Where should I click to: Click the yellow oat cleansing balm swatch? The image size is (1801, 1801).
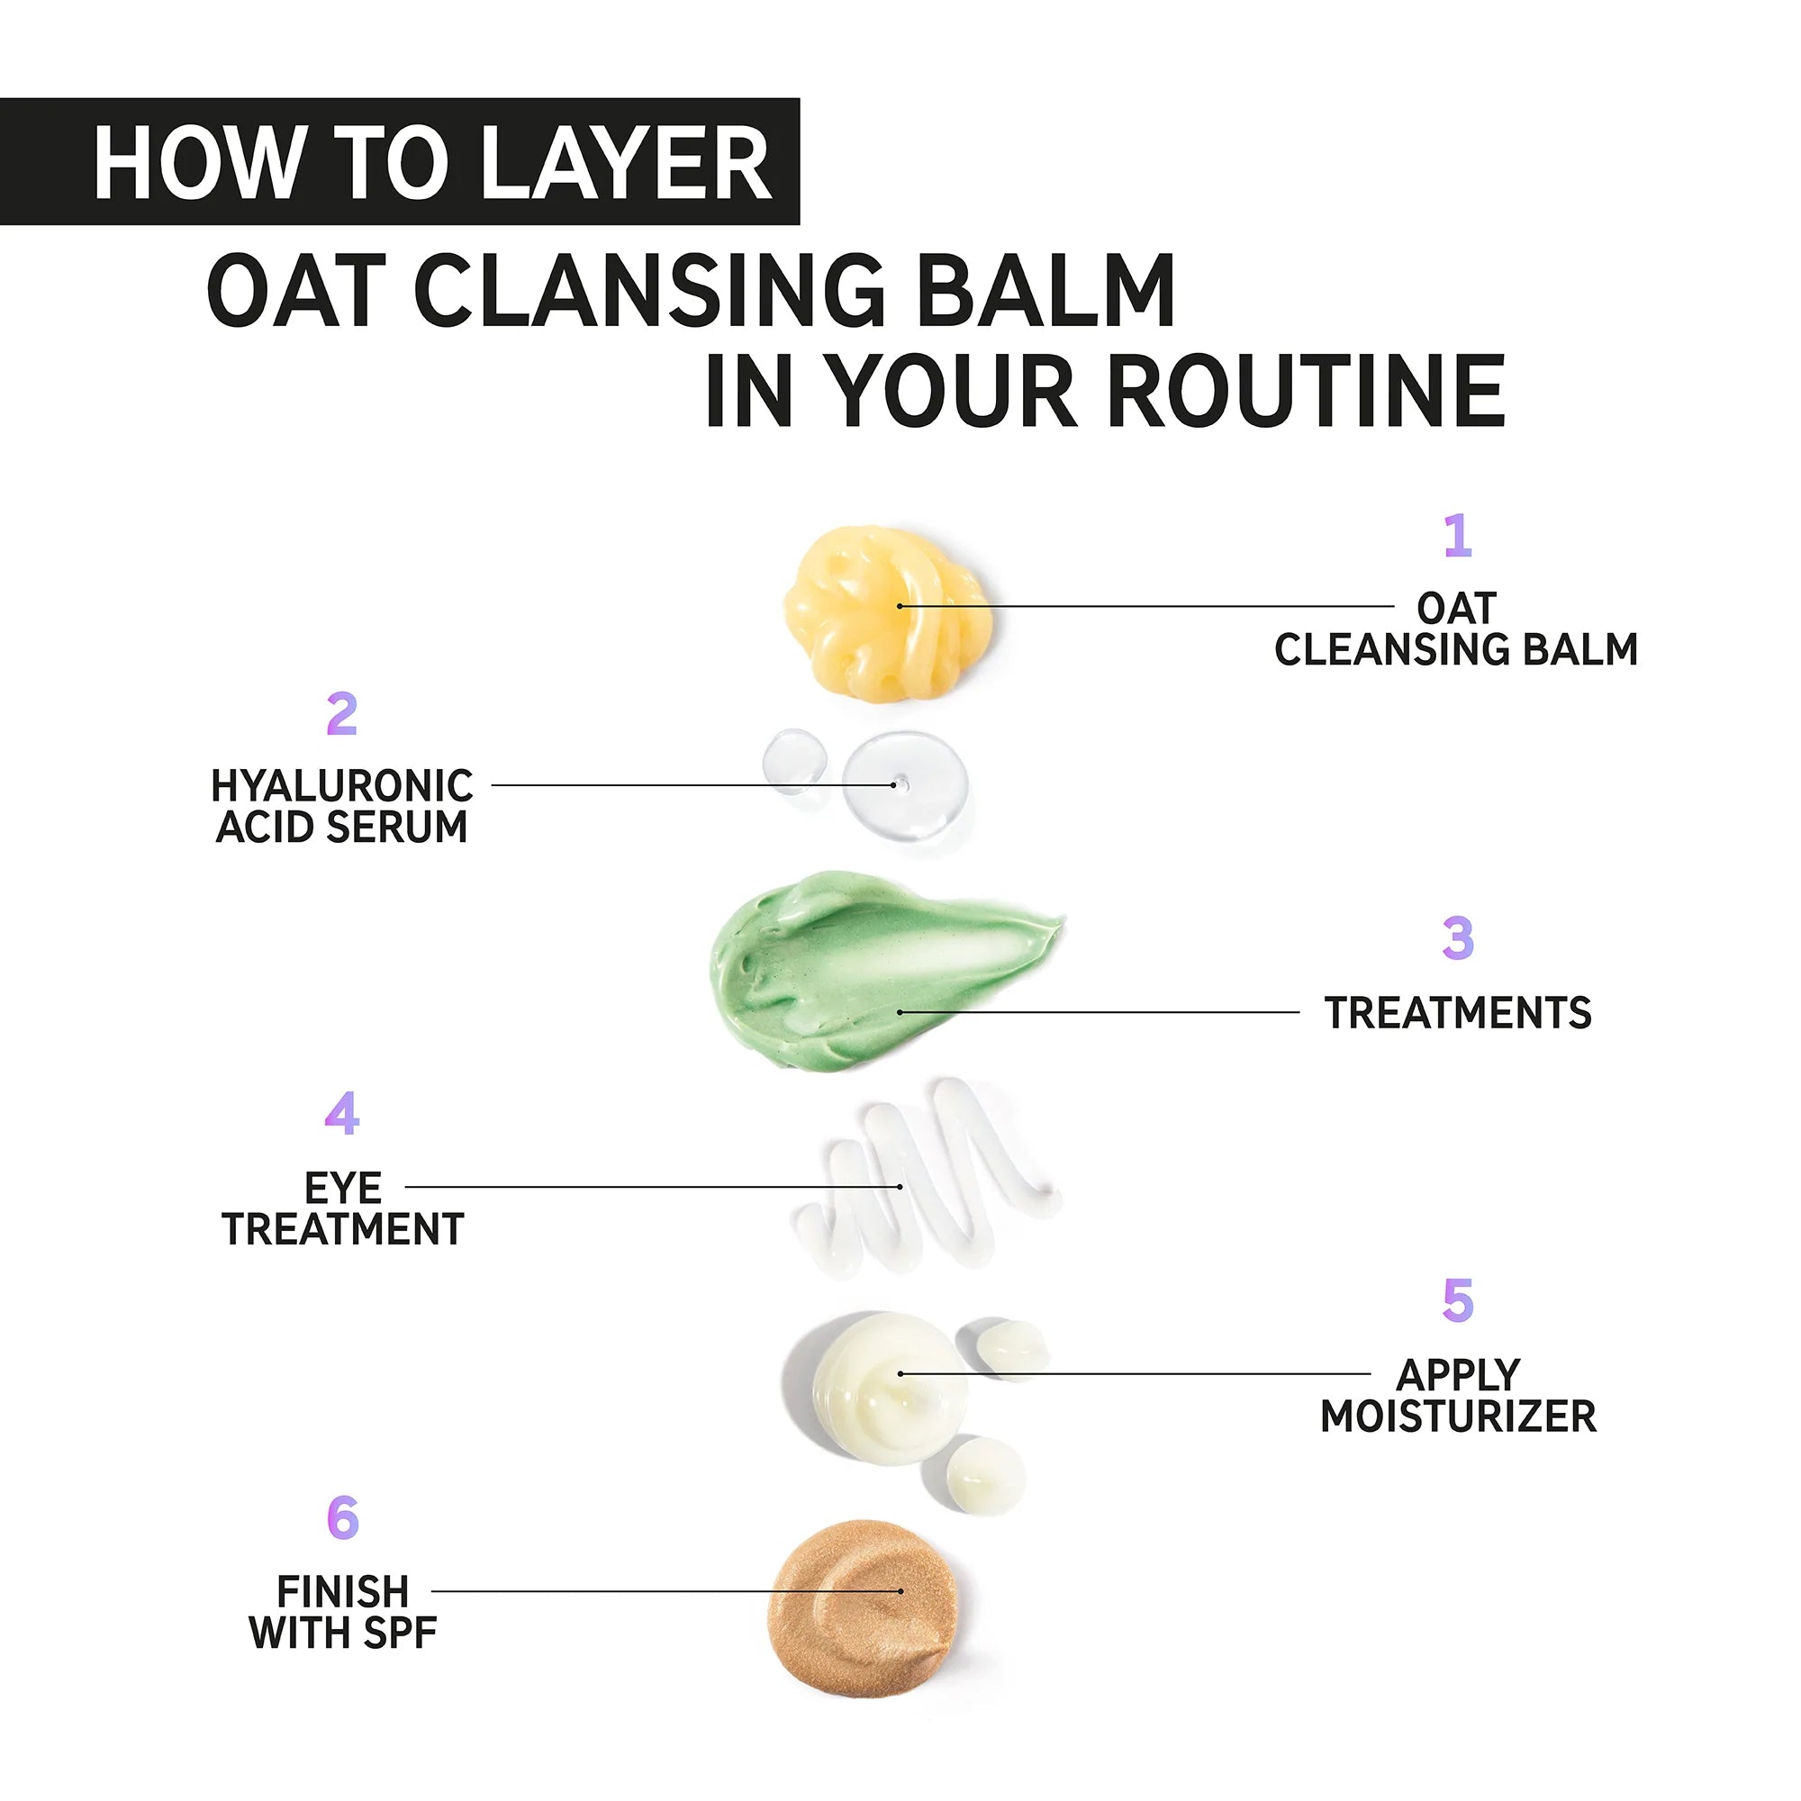tap(883, 611)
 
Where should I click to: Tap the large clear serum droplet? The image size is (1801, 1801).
tap(904, 785)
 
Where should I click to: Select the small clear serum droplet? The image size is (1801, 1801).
tap(794, 760)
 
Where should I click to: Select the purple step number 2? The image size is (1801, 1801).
tap(342, 714)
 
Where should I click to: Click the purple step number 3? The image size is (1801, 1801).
tap(1458, 937)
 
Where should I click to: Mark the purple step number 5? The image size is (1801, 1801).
tap(1458, 1300)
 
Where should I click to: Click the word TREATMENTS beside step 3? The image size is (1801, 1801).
tap(1458, 1013)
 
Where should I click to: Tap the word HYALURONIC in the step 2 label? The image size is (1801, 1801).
tap(342, 786)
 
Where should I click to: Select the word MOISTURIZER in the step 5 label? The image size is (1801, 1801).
tap(1458, 1416)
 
